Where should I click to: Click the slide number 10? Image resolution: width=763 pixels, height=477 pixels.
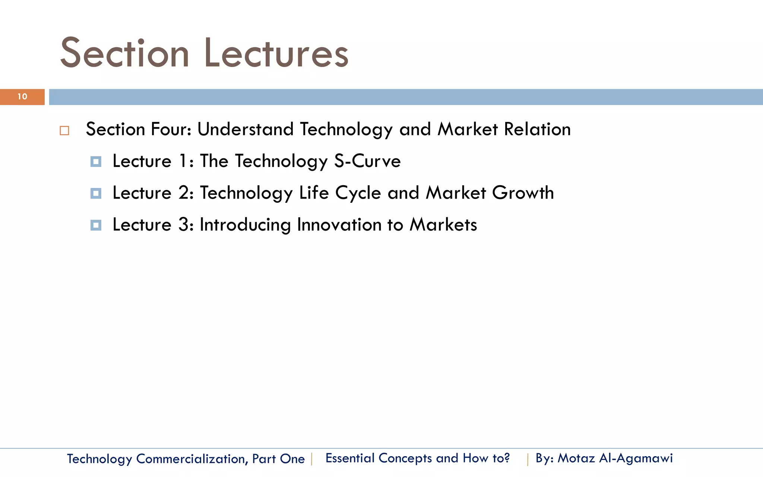[x=22, y=97]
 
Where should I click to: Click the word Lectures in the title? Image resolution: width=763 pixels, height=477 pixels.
[x=276, y=54]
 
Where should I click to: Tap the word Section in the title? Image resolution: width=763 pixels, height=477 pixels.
[x=125, y=54]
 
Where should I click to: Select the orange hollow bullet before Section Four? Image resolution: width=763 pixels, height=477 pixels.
[x=64, y=131]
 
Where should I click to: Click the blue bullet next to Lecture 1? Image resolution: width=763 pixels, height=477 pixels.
[x=96, y=162]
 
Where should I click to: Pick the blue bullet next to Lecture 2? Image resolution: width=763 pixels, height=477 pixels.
[x=96, y=193]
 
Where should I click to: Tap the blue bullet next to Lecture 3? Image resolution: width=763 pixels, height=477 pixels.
[x=96, y=225]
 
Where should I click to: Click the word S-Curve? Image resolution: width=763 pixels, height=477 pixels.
[x=367, y=161]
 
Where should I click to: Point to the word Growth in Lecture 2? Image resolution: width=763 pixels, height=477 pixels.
[x=523, y=193]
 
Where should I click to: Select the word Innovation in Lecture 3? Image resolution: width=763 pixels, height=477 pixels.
[x=339, y=225]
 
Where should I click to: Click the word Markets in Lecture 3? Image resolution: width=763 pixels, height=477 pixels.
[x=443, y=225]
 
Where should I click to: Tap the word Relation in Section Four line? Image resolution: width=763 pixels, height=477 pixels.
[x=537, y=129]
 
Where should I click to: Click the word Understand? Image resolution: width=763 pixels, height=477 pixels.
[x=246, y=129]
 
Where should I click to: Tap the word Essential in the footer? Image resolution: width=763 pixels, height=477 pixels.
[x=350, y=458]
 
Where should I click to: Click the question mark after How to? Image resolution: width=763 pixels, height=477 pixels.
[x=506, y=458]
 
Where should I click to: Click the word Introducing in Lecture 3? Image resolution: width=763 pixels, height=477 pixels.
[x=245, y=225]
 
